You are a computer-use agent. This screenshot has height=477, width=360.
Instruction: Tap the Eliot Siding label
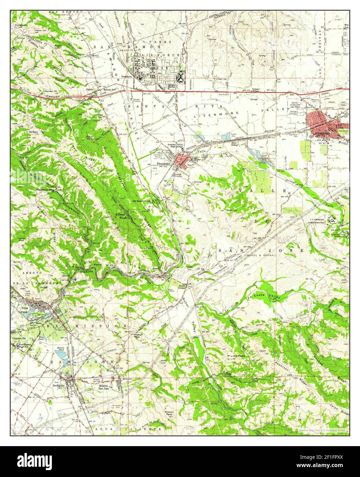(234, 143)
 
